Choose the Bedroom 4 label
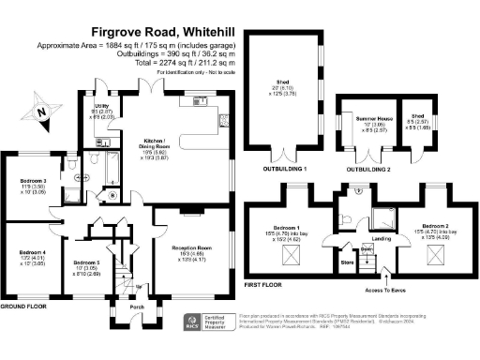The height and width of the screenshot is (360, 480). [32, 251]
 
